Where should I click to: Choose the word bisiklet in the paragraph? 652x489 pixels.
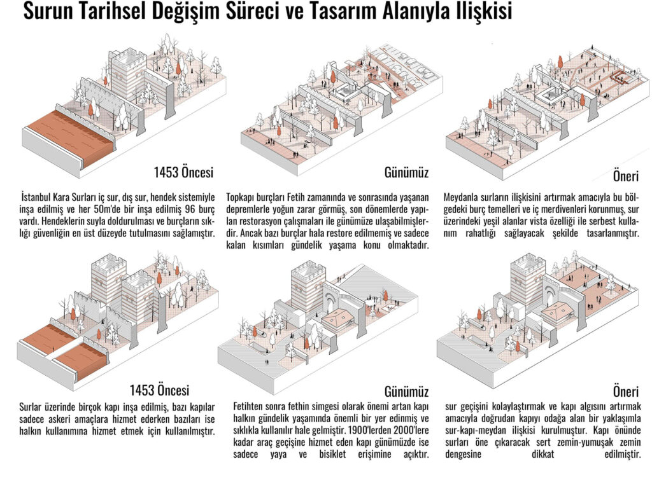344,455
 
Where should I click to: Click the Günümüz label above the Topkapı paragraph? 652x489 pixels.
406,172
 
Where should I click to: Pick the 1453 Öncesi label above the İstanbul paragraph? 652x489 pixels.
183,172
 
